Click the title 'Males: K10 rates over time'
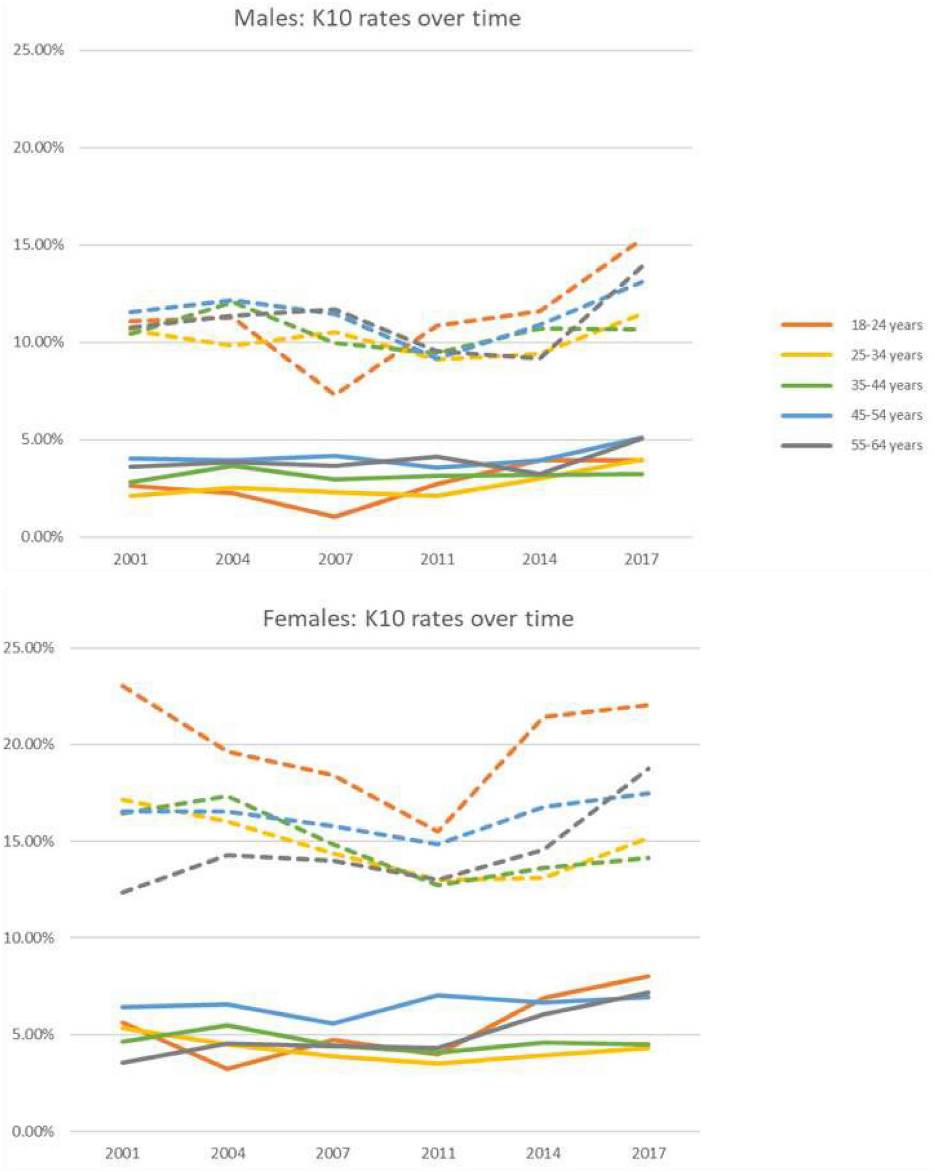[x=377, y=19]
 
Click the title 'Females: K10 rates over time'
[x=417, y=619]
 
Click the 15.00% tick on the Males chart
[x=37, y=245]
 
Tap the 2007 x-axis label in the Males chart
[x=336, y=559]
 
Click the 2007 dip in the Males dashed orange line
[x=336, y=394]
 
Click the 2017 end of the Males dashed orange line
[x=643, y=242]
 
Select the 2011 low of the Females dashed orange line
[x=439, y=832]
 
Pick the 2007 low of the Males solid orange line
[x=336, y=516]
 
